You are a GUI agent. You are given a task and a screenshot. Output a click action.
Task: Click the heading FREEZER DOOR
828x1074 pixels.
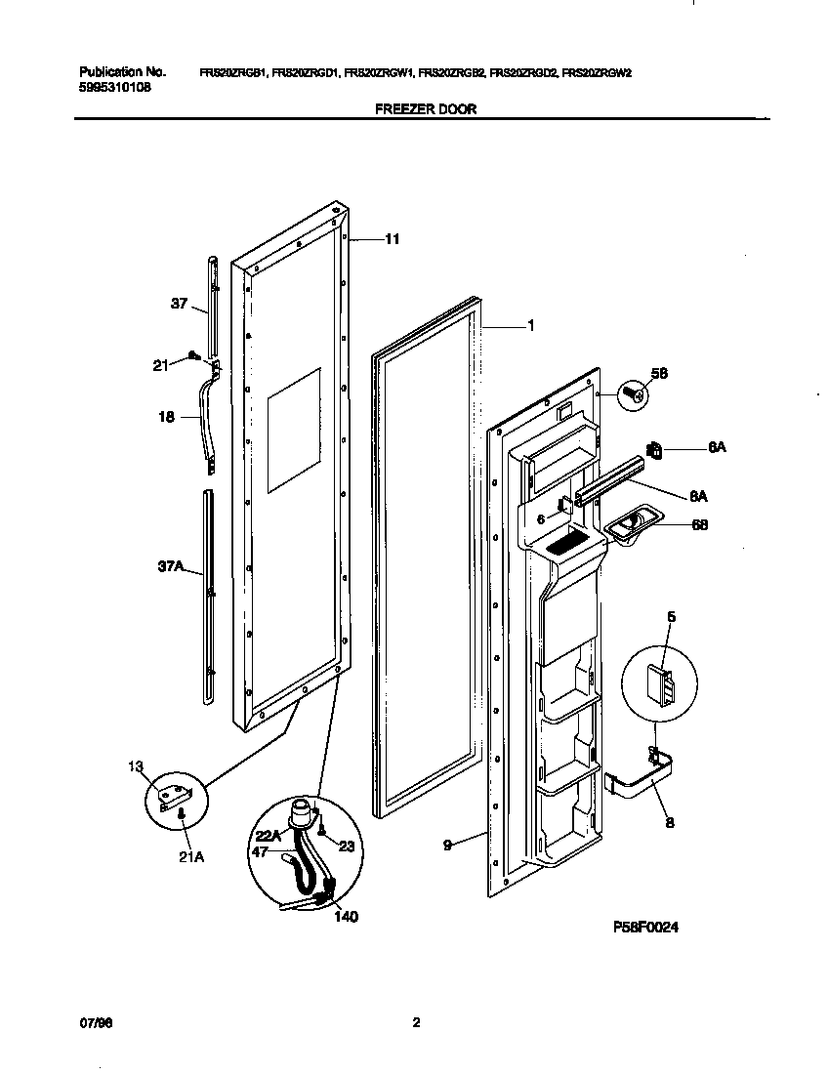pyautogui.click(x=426, y=109)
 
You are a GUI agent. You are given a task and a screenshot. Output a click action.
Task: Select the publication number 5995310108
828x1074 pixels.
pyautogui.click(x=114, y=86)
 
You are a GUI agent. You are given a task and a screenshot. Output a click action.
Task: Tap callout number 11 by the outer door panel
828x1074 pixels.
pyautogui.click(x=392, y=239)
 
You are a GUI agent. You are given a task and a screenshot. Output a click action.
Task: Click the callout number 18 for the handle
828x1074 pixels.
pyautogui.click(x=166, y=417)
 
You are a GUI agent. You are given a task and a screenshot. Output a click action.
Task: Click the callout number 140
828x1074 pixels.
pyautogui.click(x=345, y=917)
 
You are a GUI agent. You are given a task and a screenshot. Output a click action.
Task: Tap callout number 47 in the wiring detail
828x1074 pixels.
pyautogui.click(x=259, y=852)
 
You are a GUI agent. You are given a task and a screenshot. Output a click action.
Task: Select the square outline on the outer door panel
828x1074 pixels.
pyautogui.click(x=294, y=430)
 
